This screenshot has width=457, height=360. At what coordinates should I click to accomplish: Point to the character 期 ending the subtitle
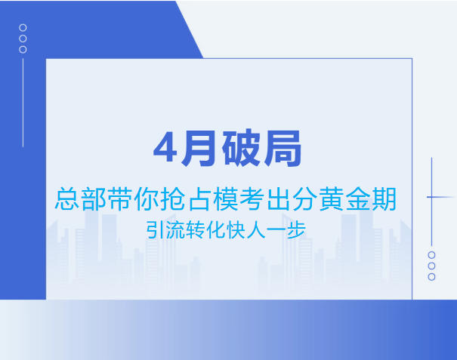point(385,199)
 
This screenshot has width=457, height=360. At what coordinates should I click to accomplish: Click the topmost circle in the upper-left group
point(23,27)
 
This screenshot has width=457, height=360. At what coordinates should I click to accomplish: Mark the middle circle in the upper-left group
point(23,38)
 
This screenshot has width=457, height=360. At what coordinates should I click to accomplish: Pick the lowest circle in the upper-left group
point(23,50)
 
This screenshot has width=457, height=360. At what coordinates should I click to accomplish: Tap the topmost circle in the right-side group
point(431,255)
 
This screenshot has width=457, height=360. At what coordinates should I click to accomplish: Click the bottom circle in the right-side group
point(431,277)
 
